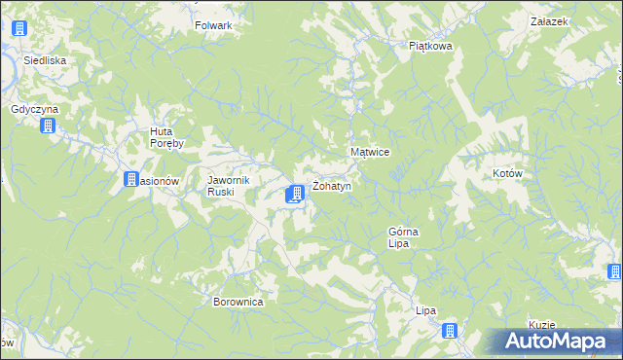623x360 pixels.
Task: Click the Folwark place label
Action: (213, 25)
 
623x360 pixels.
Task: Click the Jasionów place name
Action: (157, 181)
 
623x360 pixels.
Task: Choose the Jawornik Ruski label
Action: (230, 186)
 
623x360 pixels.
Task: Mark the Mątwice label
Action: (370, 153)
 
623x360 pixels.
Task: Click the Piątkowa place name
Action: (430, 45)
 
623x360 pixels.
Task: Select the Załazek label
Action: (549, 21)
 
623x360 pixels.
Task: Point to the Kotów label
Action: (508, 173)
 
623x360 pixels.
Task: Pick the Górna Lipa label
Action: (404, 237)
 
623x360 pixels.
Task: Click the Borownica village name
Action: (238, 302)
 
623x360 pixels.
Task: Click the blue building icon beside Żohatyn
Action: (294, 196)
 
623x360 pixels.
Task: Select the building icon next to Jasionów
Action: (131, 179)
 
